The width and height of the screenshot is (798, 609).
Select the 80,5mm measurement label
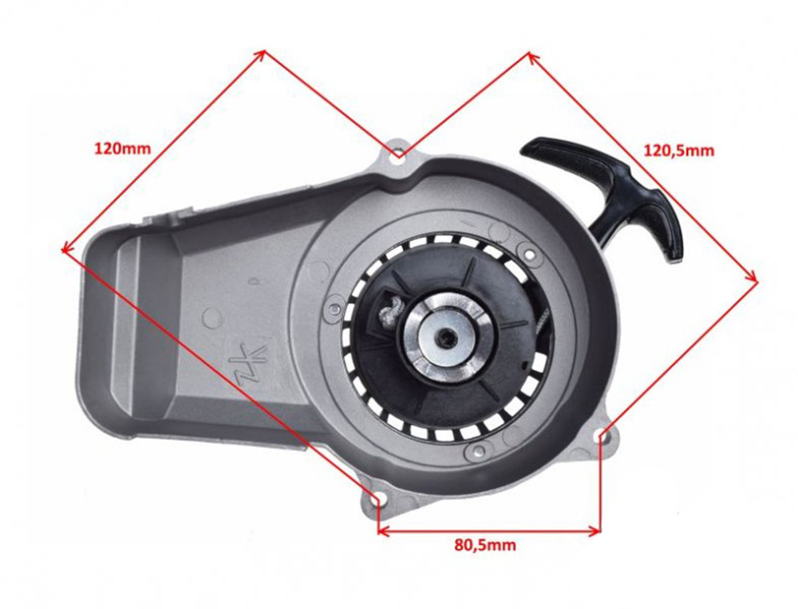[x=485, y=546]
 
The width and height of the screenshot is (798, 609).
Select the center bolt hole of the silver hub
[x=444, y=338]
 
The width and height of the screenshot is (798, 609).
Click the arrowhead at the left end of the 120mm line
[x=63, y=248]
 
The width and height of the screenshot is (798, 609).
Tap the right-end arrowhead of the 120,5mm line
[x=755, y=279]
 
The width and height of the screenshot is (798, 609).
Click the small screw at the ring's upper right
[x=527, y=254]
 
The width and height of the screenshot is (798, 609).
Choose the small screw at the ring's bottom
[x=476, y=452]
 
